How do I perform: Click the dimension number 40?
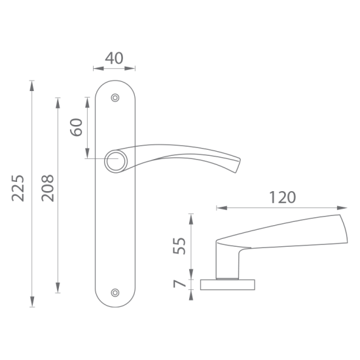pyautogui.click(x=114, y=58)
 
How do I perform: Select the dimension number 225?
pyautogui.click(x=18, y=189)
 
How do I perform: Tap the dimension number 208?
pyautogui.click(x=48, y=188)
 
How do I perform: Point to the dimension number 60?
pyautogui.click(x=76, y=127)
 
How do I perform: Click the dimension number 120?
pyautogui.click(x=282, y=198)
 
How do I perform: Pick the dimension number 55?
pyautogui.click(x=179, y=246)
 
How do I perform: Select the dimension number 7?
pyautogui.click(x=179, y=284)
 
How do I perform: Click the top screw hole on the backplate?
pyautogui.click(x=115, y=98)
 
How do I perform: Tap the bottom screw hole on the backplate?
pyautogui.click(x=115, y=293)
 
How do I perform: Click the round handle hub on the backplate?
pyautogui.click(x=116, y=161)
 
